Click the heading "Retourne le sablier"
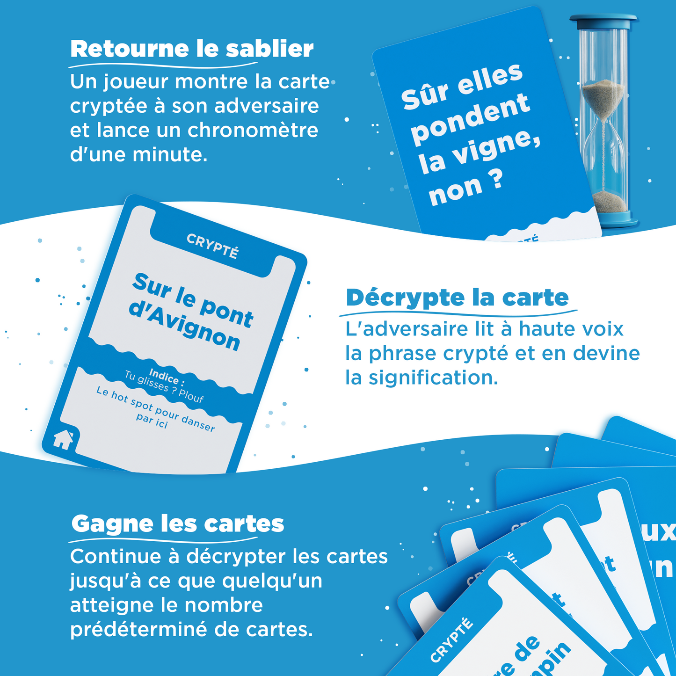tap(192, 49)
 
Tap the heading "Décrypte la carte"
tap(457, 298)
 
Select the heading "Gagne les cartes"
tap(178, 524)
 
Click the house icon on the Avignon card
tap(63, 439)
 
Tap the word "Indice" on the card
tap(163, 375)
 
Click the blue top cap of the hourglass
tap(603, 20)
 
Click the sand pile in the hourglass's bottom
tap(609, 201)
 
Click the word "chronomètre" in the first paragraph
tap(253, 130)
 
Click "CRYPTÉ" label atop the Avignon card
tap(212, 246)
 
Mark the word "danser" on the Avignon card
tap(198, 422)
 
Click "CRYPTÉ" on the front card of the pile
tap(451, 640)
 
